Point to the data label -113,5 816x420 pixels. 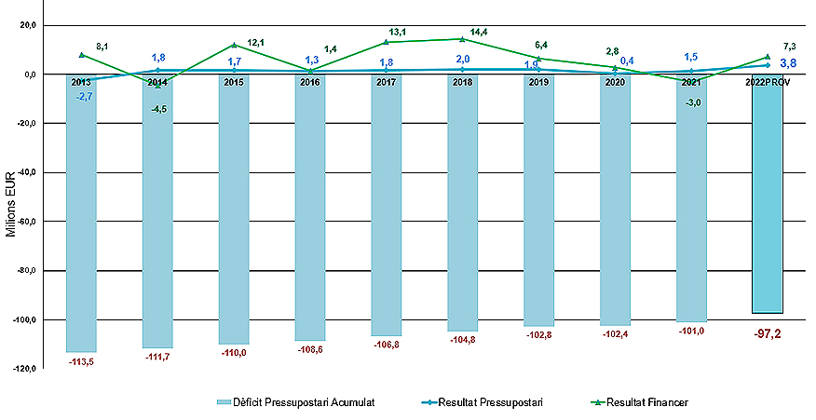coord(81,361)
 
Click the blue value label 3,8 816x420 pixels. coord(788,63)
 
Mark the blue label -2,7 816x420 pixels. coord(83,96)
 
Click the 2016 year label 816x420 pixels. coord(310,82)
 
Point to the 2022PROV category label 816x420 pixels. coord(767,82)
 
